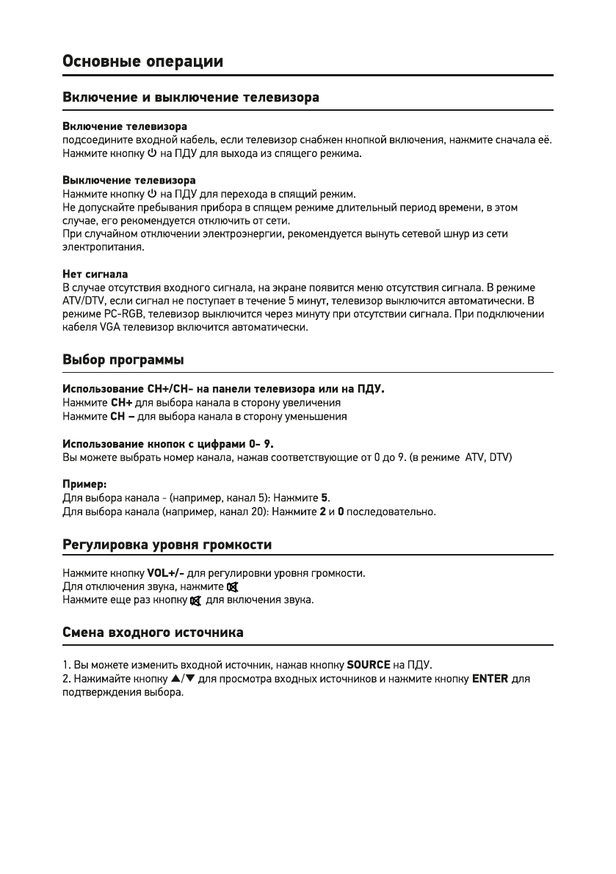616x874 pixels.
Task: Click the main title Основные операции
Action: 142,61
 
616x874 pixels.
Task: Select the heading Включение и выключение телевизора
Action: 190,98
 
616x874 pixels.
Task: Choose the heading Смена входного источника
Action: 153,631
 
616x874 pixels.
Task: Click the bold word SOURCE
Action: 369,666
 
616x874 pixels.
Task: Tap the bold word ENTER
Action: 490,679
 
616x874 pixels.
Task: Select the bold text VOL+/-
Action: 165,572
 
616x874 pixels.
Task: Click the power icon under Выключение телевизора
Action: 152,194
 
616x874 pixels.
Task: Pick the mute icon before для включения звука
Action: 195,600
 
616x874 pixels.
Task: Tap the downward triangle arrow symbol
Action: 189,679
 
